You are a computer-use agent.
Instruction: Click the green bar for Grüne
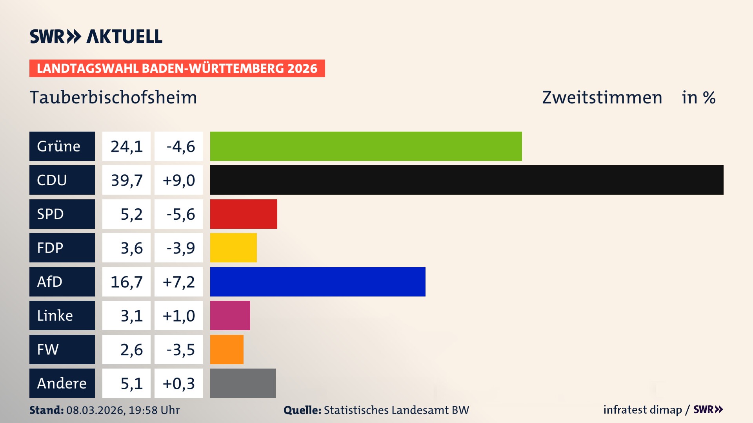(x=366, y=146)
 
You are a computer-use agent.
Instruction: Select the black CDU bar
(x=467, y=180)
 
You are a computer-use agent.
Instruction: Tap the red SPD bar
(x=244, y=214)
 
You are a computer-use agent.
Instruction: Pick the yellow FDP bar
(x=233, y=248)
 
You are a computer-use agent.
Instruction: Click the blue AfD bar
(x=318, y=282)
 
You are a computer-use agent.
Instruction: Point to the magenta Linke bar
(x=230, y=315)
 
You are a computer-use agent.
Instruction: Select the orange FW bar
(x=227, y=349)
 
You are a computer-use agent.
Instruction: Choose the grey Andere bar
(x=243, y=383)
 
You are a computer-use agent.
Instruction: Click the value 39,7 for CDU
(x=126, y=180)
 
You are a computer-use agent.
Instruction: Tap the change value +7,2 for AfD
(x=178, y=282)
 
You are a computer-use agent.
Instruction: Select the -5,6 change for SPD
(x=180, y=214)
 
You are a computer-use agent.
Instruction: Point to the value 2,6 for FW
(x=131, y=350)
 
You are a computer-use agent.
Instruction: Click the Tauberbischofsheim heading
(x=113, y=98)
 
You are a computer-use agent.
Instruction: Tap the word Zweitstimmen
(x=602, y=98)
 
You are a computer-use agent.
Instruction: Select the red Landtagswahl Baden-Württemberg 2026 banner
(x=177, y=69)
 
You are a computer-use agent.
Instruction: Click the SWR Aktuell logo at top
(x=96, y=36)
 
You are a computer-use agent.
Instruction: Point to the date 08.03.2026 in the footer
(x=95, y=410)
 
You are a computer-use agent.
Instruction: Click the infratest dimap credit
(x=642, y=410)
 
